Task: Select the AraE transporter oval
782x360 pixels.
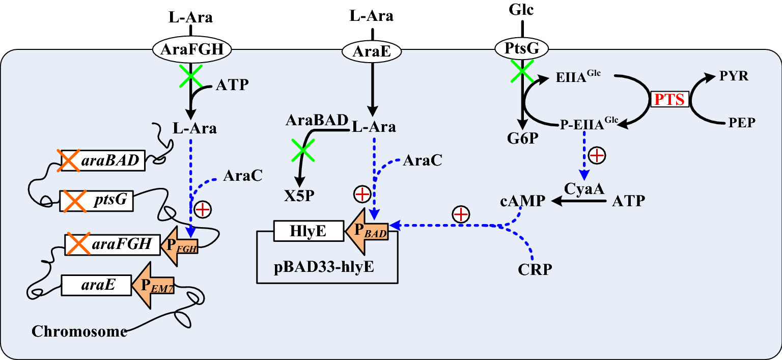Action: pos(371,51)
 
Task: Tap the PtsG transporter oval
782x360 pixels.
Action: pos(522,49)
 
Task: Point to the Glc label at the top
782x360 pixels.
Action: pos(521,10)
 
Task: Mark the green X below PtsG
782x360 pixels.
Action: pos(522,72)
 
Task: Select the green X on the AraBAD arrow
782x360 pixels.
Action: pos(302,150)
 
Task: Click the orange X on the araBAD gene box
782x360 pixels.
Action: pos(69,161)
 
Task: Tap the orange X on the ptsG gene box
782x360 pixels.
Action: pos(72,201)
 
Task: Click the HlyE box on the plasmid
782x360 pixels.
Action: pos(306,231)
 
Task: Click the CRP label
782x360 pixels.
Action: pos(535,269)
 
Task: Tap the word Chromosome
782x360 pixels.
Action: pos(79,331)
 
